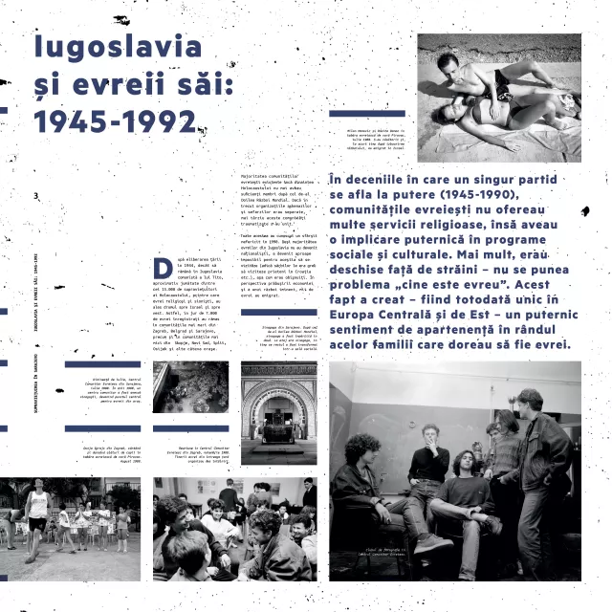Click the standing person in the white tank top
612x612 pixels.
click(x=37, y=512)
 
